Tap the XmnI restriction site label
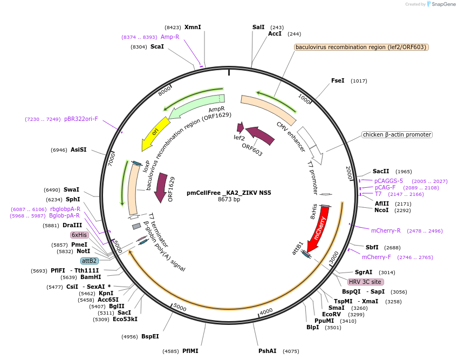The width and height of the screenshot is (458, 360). (x=193, y=27)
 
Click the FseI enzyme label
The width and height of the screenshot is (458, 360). (x=338, y=80)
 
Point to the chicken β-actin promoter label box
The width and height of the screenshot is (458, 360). (x=397, y=134)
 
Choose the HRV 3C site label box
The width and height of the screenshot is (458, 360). (x=366, y=282)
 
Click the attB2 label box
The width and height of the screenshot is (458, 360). (x=90, y=261)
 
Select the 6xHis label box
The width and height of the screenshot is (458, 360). (x=79, y=235)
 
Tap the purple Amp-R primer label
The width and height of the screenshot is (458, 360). (x=170, y=37)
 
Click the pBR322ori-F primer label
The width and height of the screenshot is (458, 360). (x=81, y=119)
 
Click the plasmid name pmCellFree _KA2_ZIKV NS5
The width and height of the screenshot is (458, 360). (x=229, y=193)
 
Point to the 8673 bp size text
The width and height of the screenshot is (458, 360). (x=229, y=200)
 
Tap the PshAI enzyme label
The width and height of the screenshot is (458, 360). (x=268, y=351)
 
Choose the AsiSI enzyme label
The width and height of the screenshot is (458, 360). (x=79, y=150)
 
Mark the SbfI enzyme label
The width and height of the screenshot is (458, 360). (x=372, y=247)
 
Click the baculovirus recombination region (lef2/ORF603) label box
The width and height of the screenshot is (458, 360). (x=361, y=47)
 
